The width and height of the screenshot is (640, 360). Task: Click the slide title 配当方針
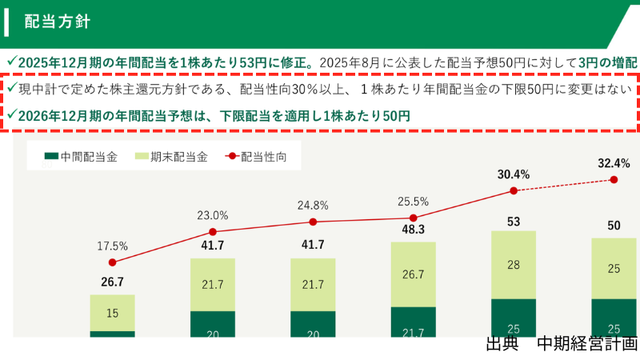point(57,22)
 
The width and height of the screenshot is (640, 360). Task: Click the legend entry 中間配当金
point(81,156)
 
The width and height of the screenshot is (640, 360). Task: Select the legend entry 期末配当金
point(171,156)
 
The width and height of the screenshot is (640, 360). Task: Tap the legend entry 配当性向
point(256,156)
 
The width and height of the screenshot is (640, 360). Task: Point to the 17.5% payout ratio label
point(112,246)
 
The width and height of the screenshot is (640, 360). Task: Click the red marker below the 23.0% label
point(213,232)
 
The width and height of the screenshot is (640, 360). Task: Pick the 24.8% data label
point(313,206)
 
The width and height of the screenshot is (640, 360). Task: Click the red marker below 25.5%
point(413,218)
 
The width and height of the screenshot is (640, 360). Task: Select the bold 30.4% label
point(514,174)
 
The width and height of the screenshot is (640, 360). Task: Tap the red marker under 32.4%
point(614,179)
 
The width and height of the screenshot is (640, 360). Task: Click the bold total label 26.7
point(112,282)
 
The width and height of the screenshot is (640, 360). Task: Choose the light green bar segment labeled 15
point(112,313)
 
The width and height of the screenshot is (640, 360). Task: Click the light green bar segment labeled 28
point(514,265)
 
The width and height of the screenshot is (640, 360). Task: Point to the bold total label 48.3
point(413,230)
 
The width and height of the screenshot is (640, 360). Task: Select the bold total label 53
point(514,222)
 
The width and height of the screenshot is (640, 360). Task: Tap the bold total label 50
point(614,226)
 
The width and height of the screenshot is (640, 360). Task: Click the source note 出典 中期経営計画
point(562,344)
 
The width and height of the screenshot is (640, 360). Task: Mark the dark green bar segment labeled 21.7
point(413,322)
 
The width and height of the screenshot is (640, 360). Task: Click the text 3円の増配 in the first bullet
point(608,62)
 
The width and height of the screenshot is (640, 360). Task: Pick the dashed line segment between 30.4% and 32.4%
point(564,186)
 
